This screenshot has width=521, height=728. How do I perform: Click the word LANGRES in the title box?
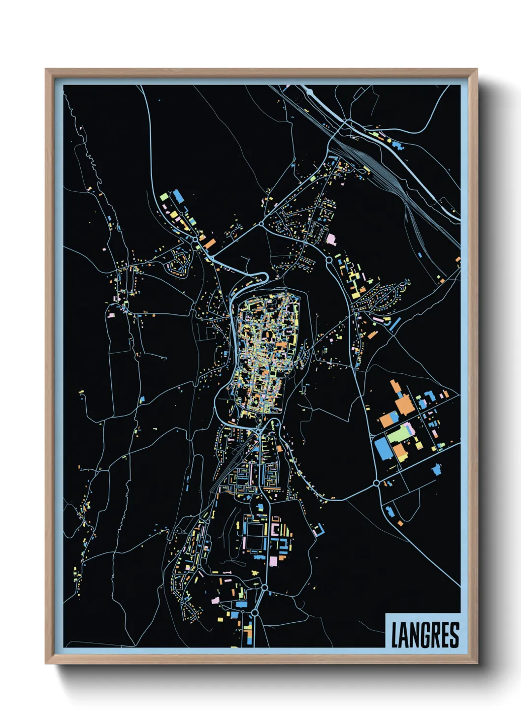[x=425, y=635]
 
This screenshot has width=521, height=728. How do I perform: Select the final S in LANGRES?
[x=454, y=635]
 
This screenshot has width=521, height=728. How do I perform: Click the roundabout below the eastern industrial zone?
[x=377, y=484]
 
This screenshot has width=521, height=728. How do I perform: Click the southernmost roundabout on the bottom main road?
[x=255, y=612]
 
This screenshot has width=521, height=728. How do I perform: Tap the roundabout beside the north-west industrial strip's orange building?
[x=195, y=239]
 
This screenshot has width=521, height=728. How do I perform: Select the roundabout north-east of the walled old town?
[x=328, y=259]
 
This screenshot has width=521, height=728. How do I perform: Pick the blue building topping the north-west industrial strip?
[x=177, y=196]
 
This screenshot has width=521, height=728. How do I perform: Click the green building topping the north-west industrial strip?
[x=163, y=196]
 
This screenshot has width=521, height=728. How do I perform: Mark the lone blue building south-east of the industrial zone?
[x=436, y=469]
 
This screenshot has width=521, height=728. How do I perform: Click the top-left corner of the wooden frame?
[x=46, y=70]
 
